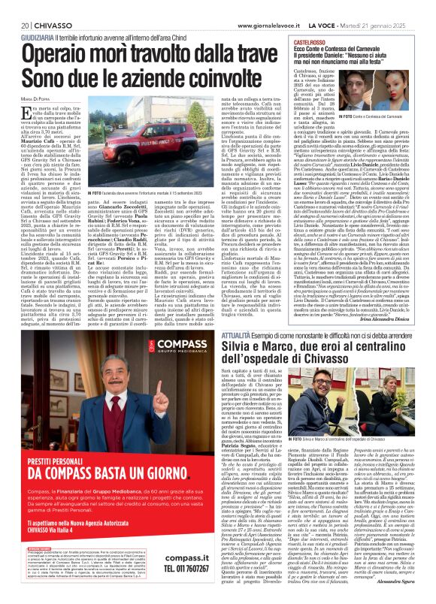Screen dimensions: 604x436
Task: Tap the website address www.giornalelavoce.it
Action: [270, 6]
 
